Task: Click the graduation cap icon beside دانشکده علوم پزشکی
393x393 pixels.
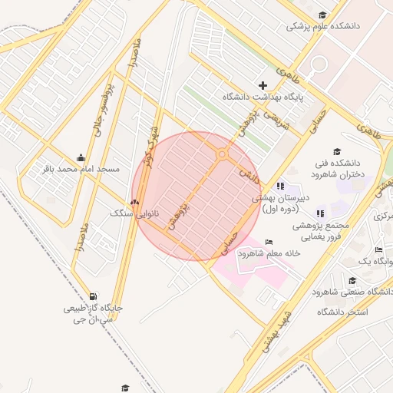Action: (323, 14)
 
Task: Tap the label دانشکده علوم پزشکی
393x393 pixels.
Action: (323, 26)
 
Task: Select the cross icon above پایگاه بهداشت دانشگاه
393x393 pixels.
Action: (263, 85)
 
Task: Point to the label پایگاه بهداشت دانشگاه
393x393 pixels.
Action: (263, 97)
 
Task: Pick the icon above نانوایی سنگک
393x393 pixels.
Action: (134, 203)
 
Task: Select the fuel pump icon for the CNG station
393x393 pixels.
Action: (93, 296)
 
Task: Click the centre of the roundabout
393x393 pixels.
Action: (222, 154)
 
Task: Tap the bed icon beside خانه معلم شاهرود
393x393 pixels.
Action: (268, 243)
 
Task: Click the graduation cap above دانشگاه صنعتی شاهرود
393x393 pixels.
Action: (352, 281)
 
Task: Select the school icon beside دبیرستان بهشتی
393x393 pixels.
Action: (280, 186)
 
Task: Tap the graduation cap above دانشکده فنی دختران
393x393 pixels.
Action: (336, 151)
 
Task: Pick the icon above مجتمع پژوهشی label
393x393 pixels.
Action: (321, 213)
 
